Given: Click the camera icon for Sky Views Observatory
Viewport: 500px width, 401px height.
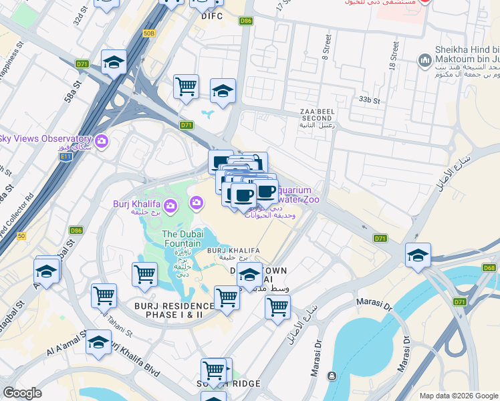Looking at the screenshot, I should pyautogui.click(x=102, y=140).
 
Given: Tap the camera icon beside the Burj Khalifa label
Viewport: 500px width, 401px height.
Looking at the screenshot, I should pyautogui.click(x=170, y=205).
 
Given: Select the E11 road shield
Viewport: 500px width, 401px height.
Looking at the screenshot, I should pyautogui.click(x=66, y=156).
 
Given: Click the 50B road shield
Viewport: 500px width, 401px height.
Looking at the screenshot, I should pyautogui.click(x=148, y=32).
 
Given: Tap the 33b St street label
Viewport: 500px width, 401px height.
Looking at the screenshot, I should pyautogui.click(x=368, y=100).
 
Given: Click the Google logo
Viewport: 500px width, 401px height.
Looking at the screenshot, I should pyautogui.click(x=22, y=392).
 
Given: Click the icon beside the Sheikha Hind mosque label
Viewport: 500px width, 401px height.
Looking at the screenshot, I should pyautogui.click(x=424, y=61).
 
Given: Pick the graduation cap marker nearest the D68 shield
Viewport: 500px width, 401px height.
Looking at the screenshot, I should pyautogui.click(x=418, y=255).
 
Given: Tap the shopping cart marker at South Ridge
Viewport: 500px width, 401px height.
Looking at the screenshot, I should pyautogui.click(x=213, y=370).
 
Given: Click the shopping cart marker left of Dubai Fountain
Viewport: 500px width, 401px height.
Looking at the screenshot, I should pyautogui.click(x=144, y=273).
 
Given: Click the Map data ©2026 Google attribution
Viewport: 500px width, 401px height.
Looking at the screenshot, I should pyautogui.click(x=458, y=395).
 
